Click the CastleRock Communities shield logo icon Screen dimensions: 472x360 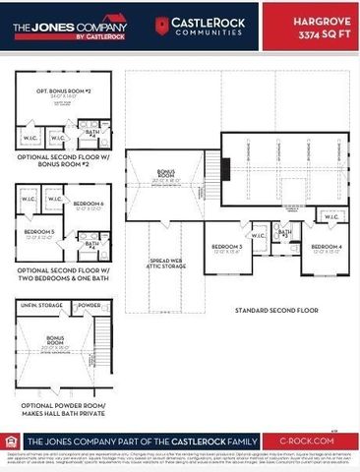(x=161, y=24)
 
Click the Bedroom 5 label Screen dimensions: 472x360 (x=38, y=233)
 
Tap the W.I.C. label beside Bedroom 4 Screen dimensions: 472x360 (x=325, y=213)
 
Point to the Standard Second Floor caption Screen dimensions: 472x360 (x=275, y=310)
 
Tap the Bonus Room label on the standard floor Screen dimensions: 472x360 (x=166, y=178)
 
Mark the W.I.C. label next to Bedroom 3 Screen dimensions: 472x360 (x=259, y=236)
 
